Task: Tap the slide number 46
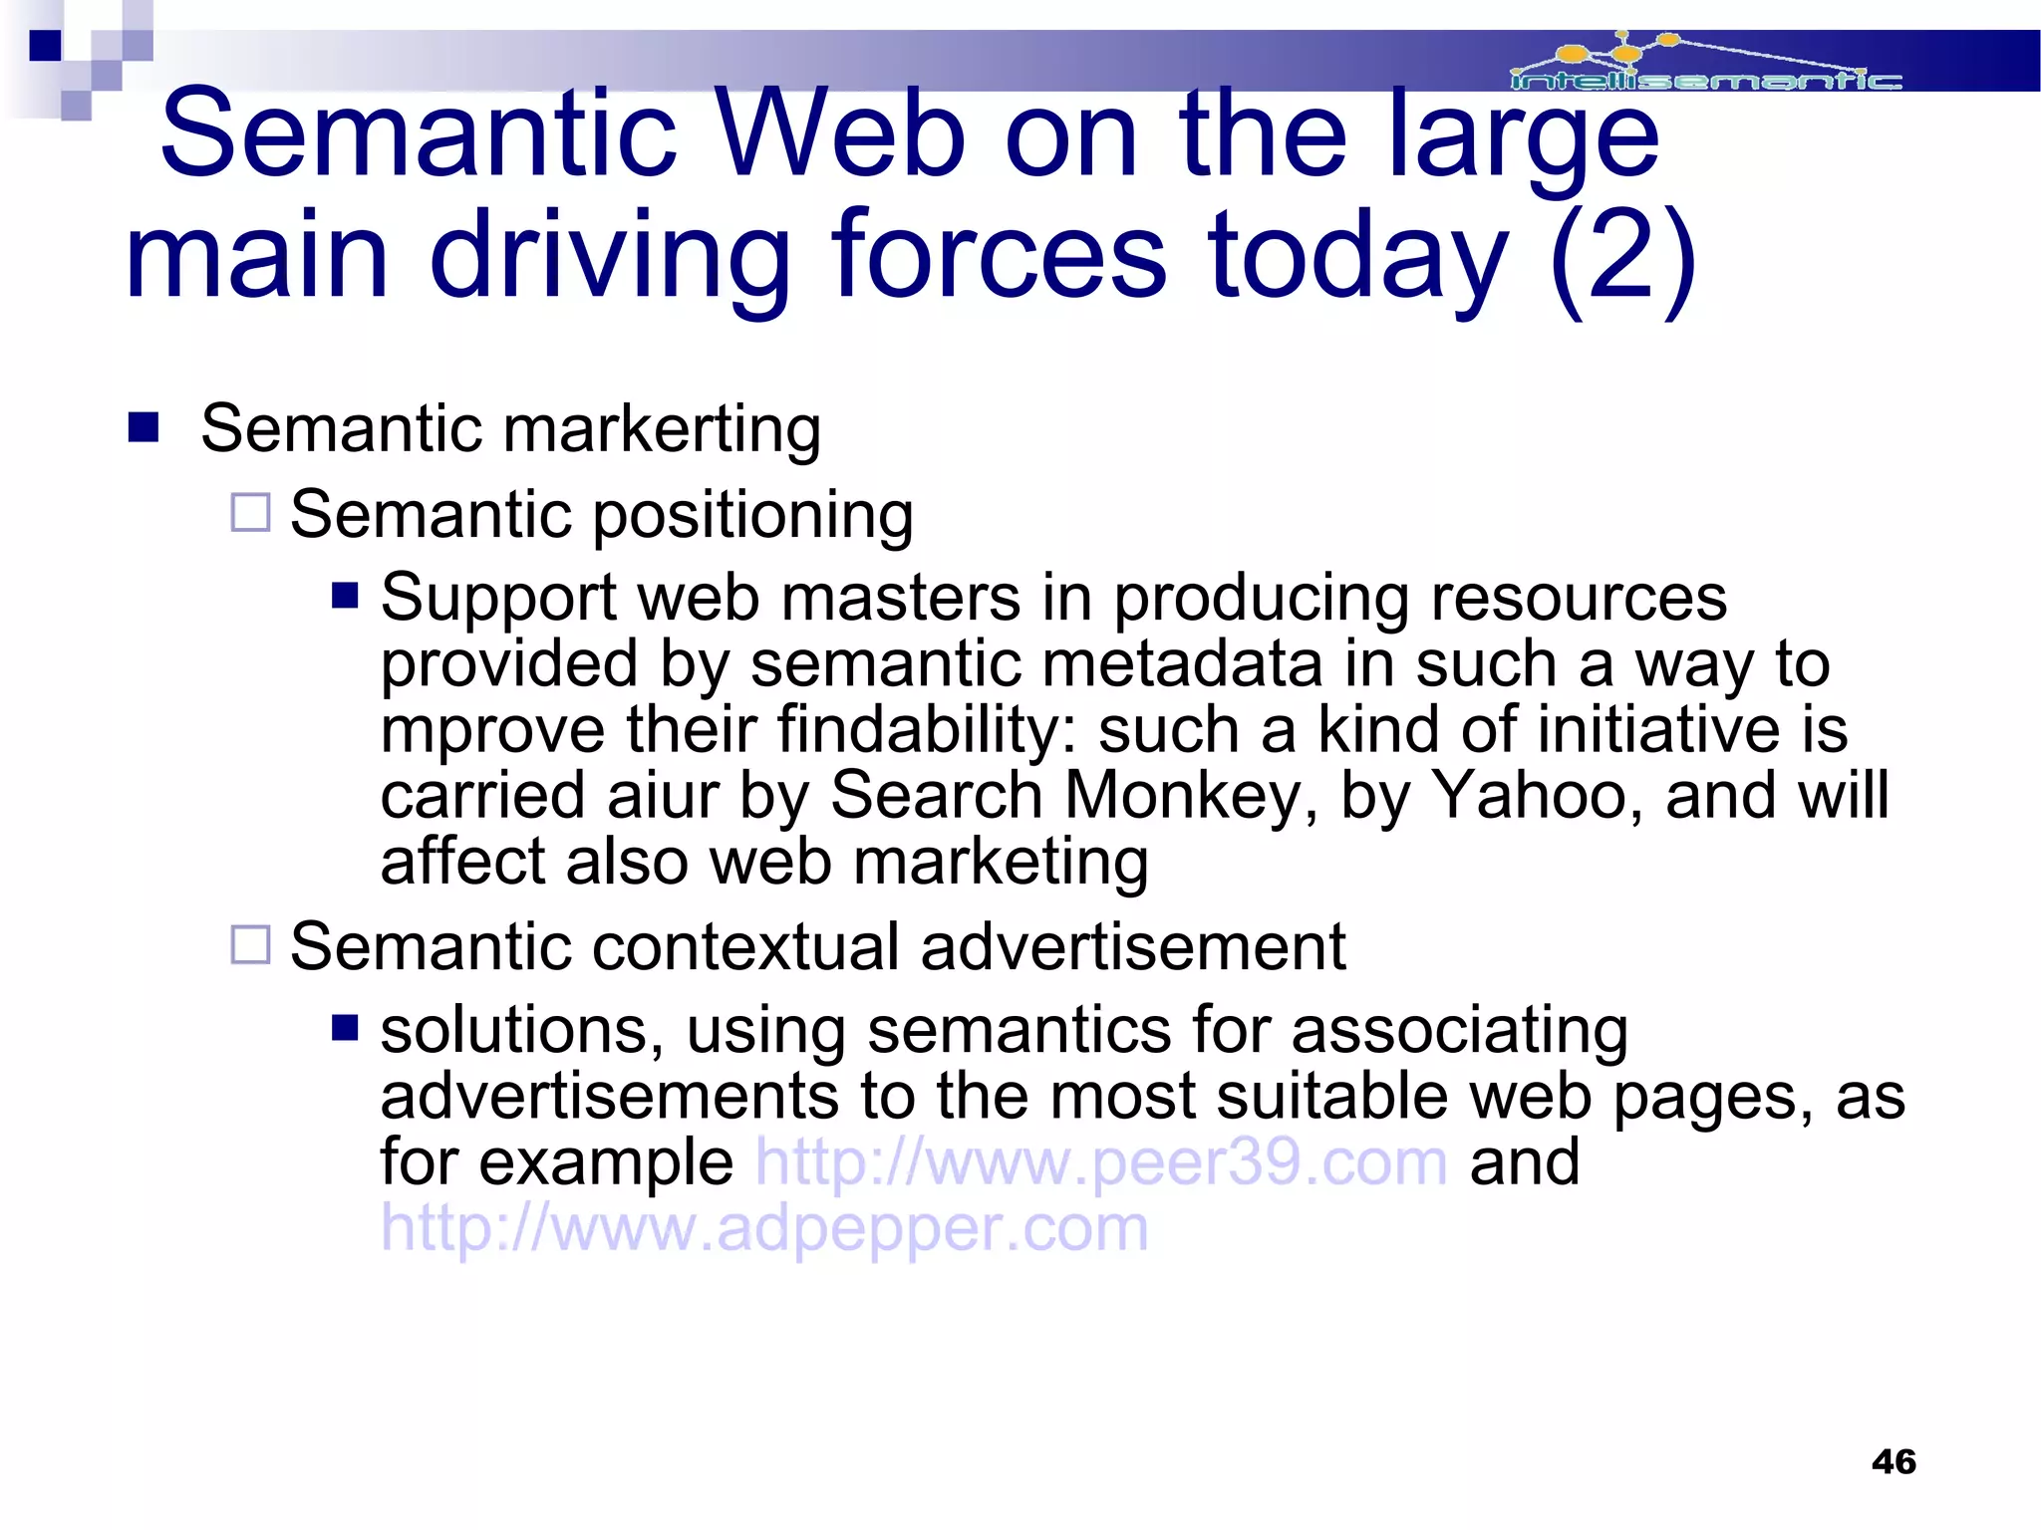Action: point(1894,1461)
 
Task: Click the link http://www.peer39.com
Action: point(1101,1162)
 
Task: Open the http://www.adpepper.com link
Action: point(764,1228)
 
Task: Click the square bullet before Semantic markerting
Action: point(145,427)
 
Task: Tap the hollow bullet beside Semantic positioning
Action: point(250,513)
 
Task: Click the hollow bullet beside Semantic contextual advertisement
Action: point(250,944)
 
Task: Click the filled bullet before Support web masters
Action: point(345,596)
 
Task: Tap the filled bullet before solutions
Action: point(345,1027)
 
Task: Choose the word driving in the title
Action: point(610,256)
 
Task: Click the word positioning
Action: point(753,516)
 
